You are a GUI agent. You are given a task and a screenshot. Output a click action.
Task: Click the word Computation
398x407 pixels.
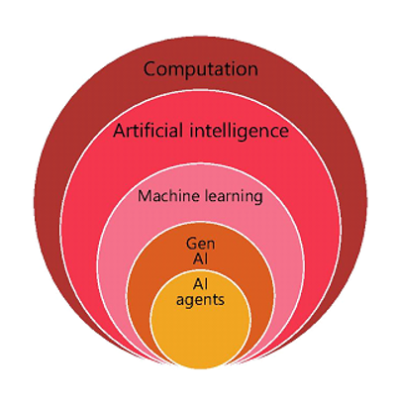tap(201, 69)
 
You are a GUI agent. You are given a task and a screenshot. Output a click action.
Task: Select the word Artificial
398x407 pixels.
tap(148, 131)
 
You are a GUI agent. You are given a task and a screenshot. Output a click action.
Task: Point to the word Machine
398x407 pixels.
tap(168, 196)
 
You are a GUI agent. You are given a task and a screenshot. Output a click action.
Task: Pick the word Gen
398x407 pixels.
tap(200, 244)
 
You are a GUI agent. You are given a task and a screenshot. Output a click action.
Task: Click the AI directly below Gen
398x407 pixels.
tap(201, 258)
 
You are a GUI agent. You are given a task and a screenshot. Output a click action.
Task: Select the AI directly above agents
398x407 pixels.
tap(201, 284)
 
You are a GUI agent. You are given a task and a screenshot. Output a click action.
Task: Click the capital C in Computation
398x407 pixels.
tap(149, 69)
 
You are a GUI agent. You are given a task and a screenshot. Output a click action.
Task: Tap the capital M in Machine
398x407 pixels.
tap(145, 196)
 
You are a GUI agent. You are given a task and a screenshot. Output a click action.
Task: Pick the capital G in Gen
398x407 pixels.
tap(192, 244)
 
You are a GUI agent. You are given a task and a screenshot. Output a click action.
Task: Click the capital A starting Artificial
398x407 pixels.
tap(120, 131)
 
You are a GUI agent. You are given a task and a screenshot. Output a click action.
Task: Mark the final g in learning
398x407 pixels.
tap(258, 199)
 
